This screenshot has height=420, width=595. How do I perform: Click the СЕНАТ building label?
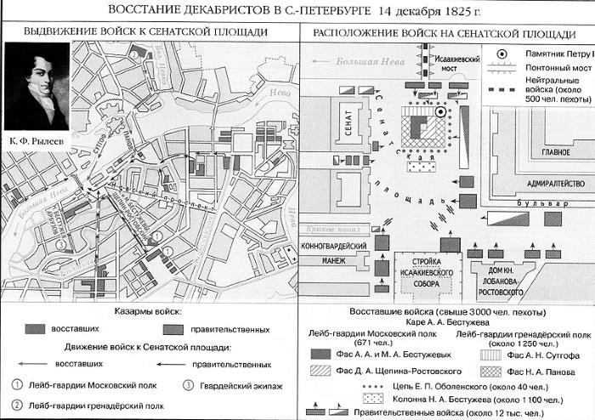[347, 124]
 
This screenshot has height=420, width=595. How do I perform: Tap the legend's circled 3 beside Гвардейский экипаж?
[190, 384]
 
